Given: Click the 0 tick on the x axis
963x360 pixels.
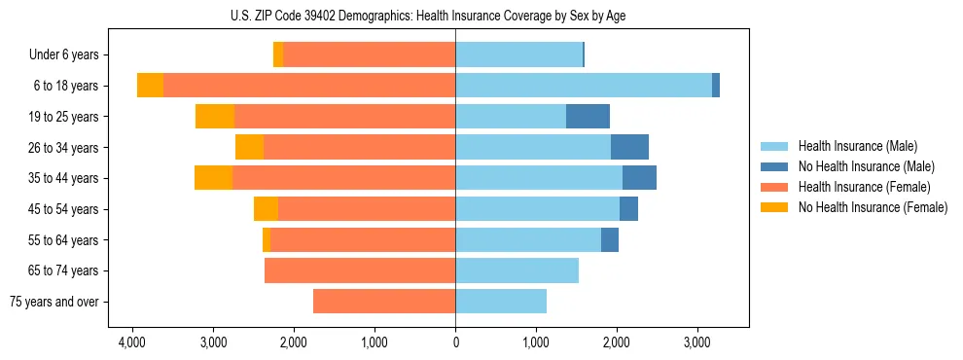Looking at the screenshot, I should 455,342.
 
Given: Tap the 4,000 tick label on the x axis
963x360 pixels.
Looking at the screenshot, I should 132,342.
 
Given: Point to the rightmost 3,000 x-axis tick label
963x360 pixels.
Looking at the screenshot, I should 696,342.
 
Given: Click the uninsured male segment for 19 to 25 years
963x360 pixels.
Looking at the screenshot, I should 588,117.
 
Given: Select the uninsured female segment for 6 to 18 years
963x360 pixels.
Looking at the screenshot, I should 150,86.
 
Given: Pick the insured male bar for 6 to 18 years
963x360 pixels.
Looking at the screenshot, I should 584,86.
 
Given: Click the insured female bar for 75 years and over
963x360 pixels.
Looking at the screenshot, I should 384,302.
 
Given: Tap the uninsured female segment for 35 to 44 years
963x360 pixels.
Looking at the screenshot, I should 213,178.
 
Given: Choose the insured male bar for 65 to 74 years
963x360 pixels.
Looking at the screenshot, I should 517,270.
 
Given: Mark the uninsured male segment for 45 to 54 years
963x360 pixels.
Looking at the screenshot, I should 628,209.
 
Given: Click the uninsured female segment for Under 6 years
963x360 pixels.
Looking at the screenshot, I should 278,55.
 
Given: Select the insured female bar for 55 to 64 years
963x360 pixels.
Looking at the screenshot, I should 363,240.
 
